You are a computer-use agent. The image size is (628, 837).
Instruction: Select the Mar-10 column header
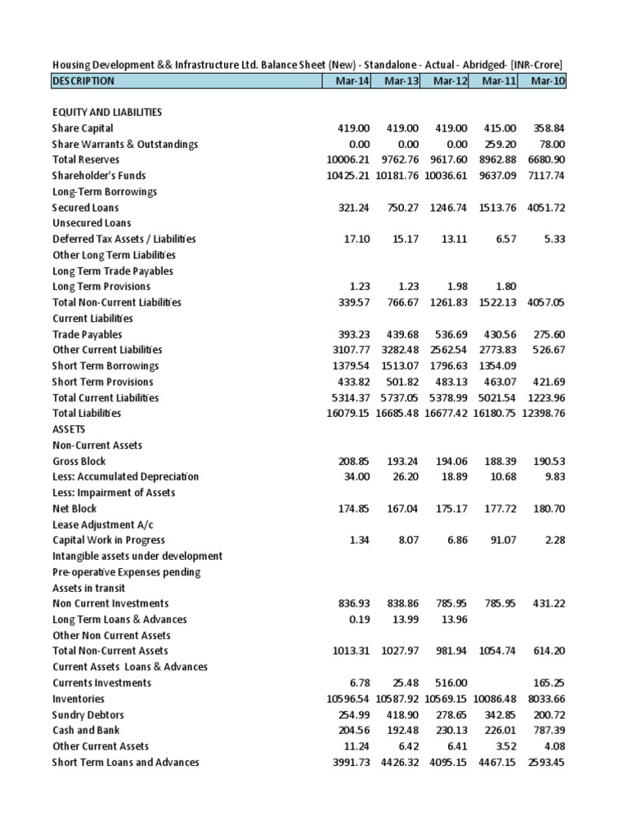point(547,81)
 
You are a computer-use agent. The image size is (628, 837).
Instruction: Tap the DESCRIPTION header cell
point(83,81)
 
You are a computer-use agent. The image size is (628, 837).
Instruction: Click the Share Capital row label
point(83,128)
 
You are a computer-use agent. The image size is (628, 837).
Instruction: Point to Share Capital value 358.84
point(548,128)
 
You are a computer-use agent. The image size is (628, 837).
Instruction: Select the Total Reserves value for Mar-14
point(348,160)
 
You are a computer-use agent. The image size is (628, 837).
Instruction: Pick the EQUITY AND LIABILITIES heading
point(106,112)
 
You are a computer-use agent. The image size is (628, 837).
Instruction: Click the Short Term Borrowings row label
point(105,366)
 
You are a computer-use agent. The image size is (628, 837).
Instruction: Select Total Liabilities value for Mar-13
point(397,414)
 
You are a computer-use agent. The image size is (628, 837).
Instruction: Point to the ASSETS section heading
point(69,429)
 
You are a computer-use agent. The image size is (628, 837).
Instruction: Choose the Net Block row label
point(74,508)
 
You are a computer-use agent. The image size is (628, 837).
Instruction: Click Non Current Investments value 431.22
point(548,603)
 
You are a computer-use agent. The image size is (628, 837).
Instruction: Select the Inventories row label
point(78,699)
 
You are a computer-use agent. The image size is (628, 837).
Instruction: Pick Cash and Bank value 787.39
point(548,731)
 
